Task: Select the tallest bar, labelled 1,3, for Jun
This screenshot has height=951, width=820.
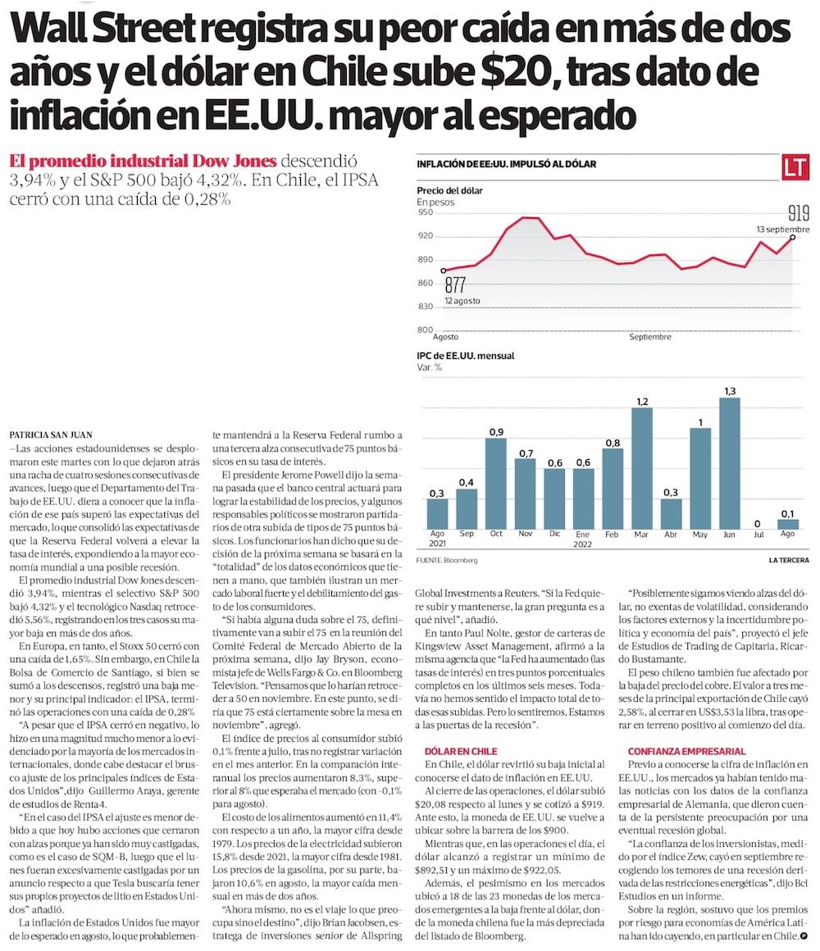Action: click(x=730, y=464)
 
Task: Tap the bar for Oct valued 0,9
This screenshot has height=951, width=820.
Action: click(x=494, y=485)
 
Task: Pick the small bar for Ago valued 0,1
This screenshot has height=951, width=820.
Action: click(x=788, y=524)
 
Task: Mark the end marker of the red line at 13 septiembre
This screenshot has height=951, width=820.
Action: click(x=793, y=238)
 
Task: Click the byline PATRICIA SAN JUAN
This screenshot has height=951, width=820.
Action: click(x=52, y=434)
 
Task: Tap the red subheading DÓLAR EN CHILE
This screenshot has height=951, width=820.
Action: click(x=462, y=751)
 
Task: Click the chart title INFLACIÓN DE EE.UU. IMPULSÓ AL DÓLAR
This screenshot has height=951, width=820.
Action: click(x=507, y=165)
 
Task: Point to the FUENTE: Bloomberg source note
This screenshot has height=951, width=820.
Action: click(x=446, y=560)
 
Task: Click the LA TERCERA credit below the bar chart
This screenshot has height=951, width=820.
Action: click(x=788, y=560)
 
